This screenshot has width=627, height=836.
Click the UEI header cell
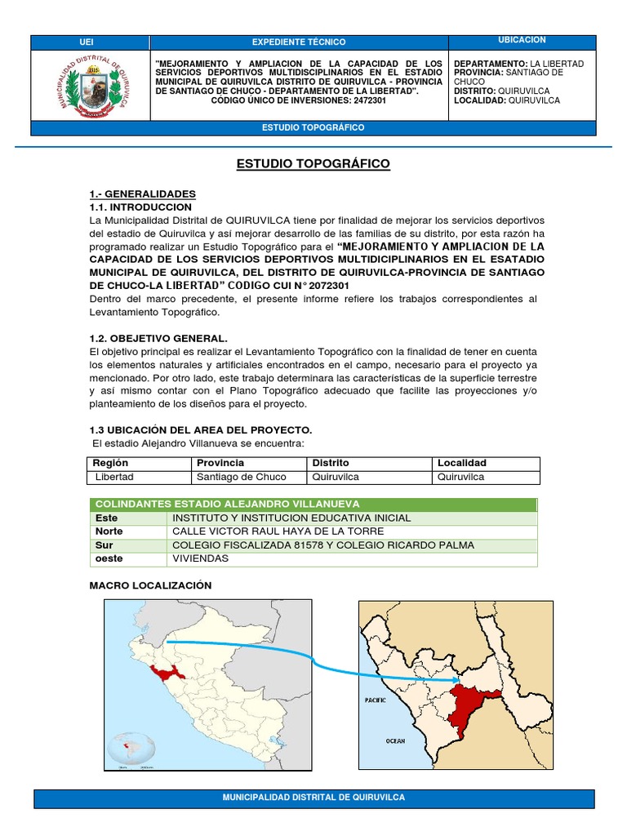[87, 42]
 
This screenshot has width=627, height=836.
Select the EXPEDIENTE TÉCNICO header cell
[298, 42]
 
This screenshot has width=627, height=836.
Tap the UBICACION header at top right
[522, 40]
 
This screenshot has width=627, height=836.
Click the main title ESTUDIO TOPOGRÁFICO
[313, 164]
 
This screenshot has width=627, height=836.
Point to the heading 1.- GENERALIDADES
[143, 193]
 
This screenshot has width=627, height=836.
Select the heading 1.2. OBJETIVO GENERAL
[158, 338]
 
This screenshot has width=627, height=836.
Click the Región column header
[111, 463]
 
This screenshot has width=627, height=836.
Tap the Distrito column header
[331, 463]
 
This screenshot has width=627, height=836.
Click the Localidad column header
[462, 463]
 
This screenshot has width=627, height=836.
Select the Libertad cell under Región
[114, 477]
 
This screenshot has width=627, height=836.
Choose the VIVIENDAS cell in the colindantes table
[200, 558]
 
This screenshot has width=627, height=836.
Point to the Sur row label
[105, 545]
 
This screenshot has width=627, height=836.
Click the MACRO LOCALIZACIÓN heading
[150, 585]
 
